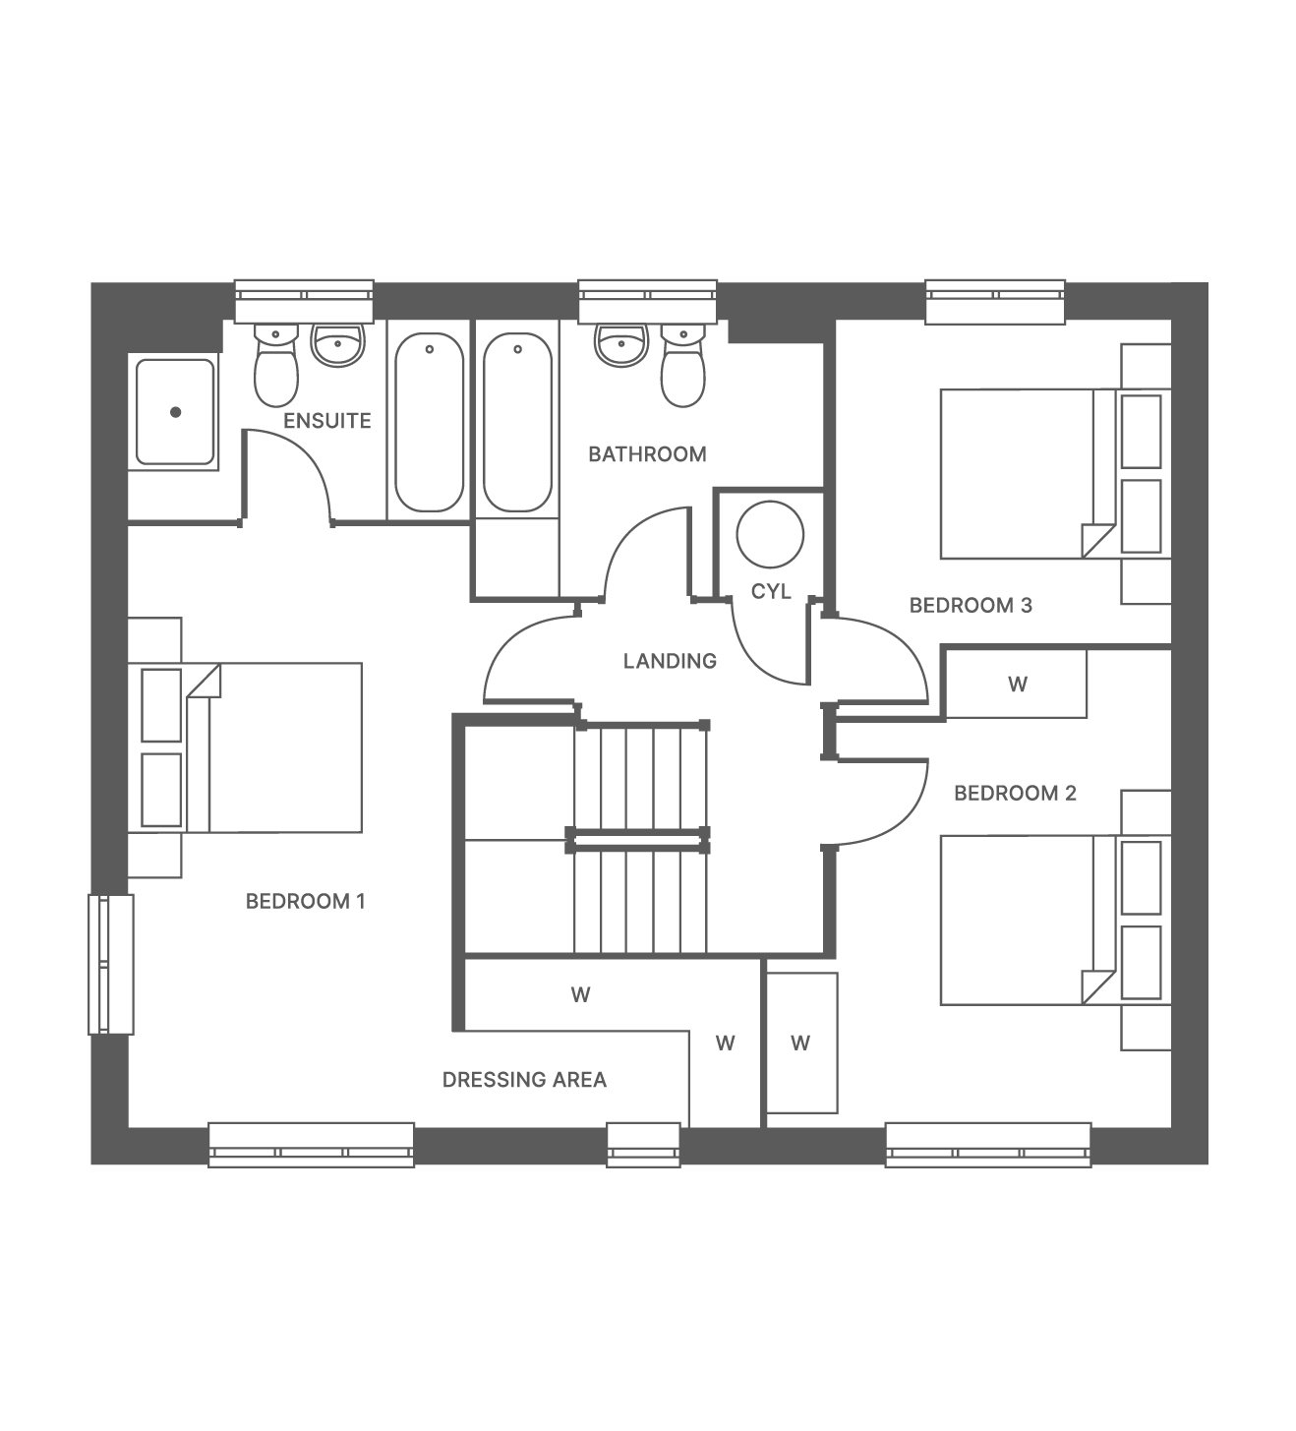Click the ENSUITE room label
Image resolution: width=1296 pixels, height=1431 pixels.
327,421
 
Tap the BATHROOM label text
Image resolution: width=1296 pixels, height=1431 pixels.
647,453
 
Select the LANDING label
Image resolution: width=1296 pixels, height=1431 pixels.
670,661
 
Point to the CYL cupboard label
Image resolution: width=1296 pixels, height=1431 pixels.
771,591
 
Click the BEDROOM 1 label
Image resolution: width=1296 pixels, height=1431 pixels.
305,902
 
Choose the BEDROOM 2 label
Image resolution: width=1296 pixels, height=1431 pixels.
1015,794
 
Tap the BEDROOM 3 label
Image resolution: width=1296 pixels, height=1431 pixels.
971,606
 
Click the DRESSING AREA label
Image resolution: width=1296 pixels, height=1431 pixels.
524,1080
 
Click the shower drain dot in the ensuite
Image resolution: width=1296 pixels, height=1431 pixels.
175,412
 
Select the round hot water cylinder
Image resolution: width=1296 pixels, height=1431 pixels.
770,534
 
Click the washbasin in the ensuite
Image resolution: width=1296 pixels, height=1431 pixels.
338,346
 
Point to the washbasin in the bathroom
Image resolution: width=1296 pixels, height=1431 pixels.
622,346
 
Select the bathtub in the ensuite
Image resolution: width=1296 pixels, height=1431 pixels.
429,422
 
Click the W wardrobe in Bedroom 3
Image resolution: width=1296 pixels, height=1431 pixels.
1017,684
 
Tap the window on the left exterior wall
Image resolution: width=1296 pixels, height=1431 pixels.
110,965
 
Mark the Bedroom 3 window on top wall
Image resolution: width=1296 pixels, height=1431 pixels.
995,302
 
